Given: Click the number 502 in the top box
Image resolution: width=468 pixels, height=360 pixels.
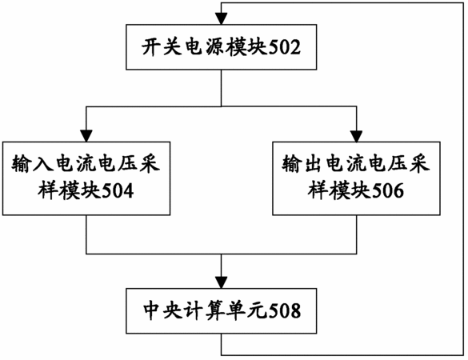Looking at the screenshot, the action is pyautogui.click(x=285, y=48).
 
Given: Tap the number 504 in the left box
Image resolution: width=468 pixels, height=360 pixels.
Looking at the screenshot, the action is pyautogui.click(x=118, y=191).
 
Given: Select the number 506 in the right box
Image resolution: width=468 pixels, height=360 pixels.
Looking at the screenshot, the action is pyautogui.click(x=388, y=191).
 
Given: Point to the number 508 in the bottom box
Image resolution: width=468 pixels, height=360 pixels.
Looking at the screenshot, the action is pyautogui.click(x=285, y=311).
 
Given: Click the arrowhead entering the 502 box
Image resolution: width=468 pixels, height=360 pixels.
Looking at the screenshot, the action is pyautogui.click(x=221, y=19).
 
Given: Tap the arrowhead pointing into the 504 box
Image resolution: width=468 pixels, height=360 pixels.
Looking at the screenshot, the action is pyautogui.click(x=86, y=136).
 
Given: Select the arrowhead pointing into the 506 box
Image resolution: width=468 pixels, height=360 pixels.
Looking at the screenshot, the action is pyautogui.click(x=356, y=136).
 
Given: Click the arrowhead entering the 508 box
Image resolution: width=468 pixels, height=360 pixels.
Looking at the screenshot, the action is pyautogui.click(x=221, y=282).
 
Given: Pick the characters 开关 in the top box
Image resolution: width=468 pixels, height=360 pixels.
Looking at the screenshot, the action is pyautogui.click(x=162, y=47).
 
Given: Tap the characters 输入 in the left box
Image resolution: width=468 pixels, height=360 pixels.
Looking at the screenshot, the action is pyautogui.click(x=33, y=164).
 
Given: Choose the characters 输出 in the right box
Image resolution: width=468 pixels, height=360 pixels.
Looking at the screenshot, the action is pyautogui.click(x=303, y=164).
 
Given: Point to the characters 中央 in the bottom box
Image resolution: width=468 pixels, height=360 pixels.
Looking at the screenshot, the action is pyautogui.click(x=163, y=310).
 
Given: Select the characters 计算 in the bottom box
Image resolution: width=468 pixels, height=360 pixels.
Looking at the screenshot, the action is pyautogui.click(x=206, y=310).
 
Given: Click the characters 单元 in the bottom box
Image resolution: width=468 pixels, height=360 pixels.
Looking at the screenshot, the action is pyautogui.click(x=248, y=310).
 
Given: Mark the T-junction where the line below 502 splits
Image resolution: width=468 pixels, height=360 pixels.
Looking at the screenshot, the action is pyautogui.click(x=221, y=106).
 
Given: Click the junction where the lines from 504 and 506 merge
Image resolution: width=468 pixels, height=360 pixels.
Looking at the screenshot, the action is pyautogui.click(x=221, y=254).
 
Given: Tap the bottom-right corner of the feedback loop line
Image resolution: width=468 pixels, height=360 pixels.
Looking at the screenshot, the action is pyautogui.click(x=463, y=355).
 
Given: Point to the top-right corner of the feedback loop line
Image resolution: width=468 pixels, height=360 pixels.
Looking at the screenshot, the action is pyautogui.click(x=463, y=3).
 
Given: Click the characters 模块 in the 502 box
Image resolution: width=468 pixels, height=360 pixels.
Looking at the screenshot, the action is pyautogui.click(x=247, y=47).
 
